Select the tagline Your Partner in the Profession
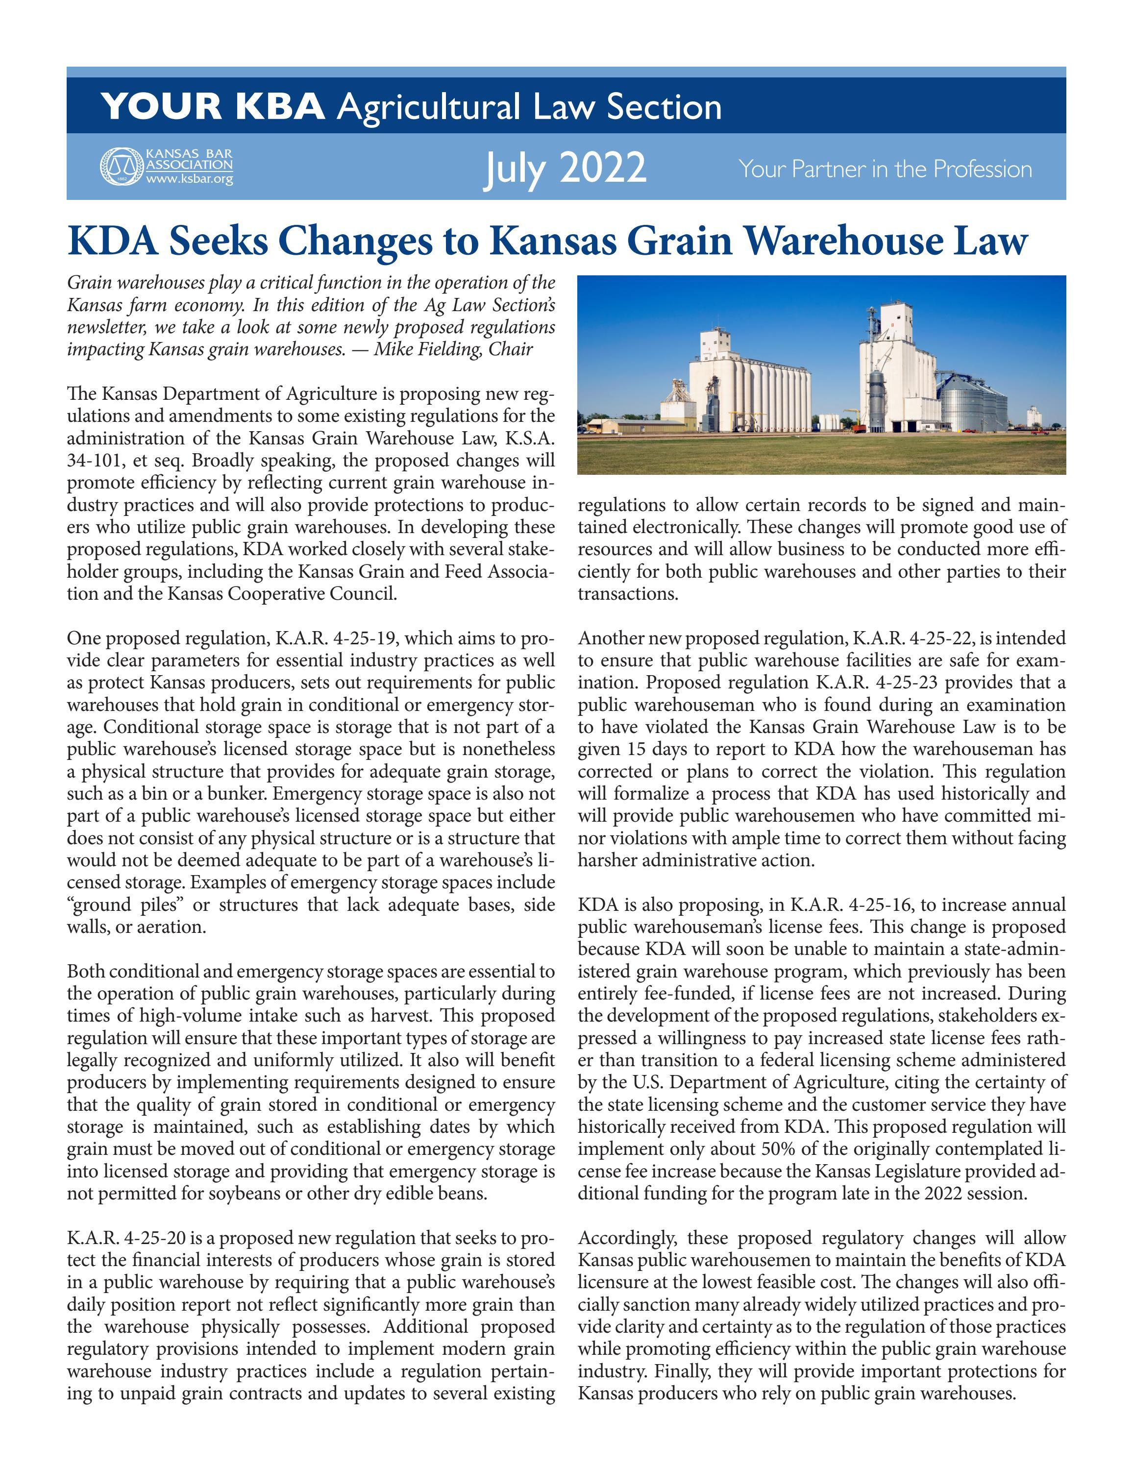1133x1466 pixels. point(885,169)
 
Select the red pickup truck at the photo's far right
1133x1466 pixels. point(1040,433)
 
